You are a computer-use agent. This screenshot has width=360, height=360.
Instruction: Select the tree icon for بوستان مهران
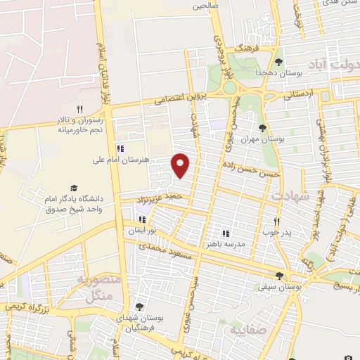point(262,128)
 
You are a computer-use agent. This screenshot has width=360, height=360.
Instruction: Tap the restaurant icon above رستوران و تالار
point(79,109)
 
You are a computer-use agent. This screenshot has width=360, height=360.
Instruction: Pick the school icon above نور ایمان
point(142,219)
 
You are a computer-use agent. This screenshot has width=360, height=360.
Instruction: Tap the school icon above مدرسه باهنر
point(226,233)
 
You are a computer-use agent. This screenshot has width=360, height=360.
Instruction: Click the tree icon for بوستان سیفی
point(280,276)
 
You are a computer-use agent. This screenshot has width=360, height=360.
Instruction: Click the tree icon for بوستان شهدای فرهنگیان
point(139,307)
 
